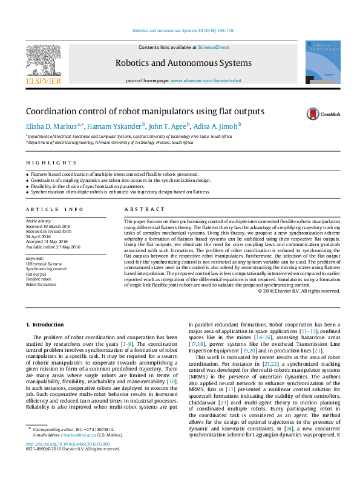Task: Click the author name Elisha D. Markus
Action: (50, 126)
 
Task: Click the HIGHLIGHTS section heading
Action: (51, 163)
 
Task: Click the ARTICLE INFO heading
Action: (54, 209)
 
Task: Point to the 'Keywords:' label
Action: (35, 258)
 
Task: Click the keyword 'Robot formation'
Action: (42, 284)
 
